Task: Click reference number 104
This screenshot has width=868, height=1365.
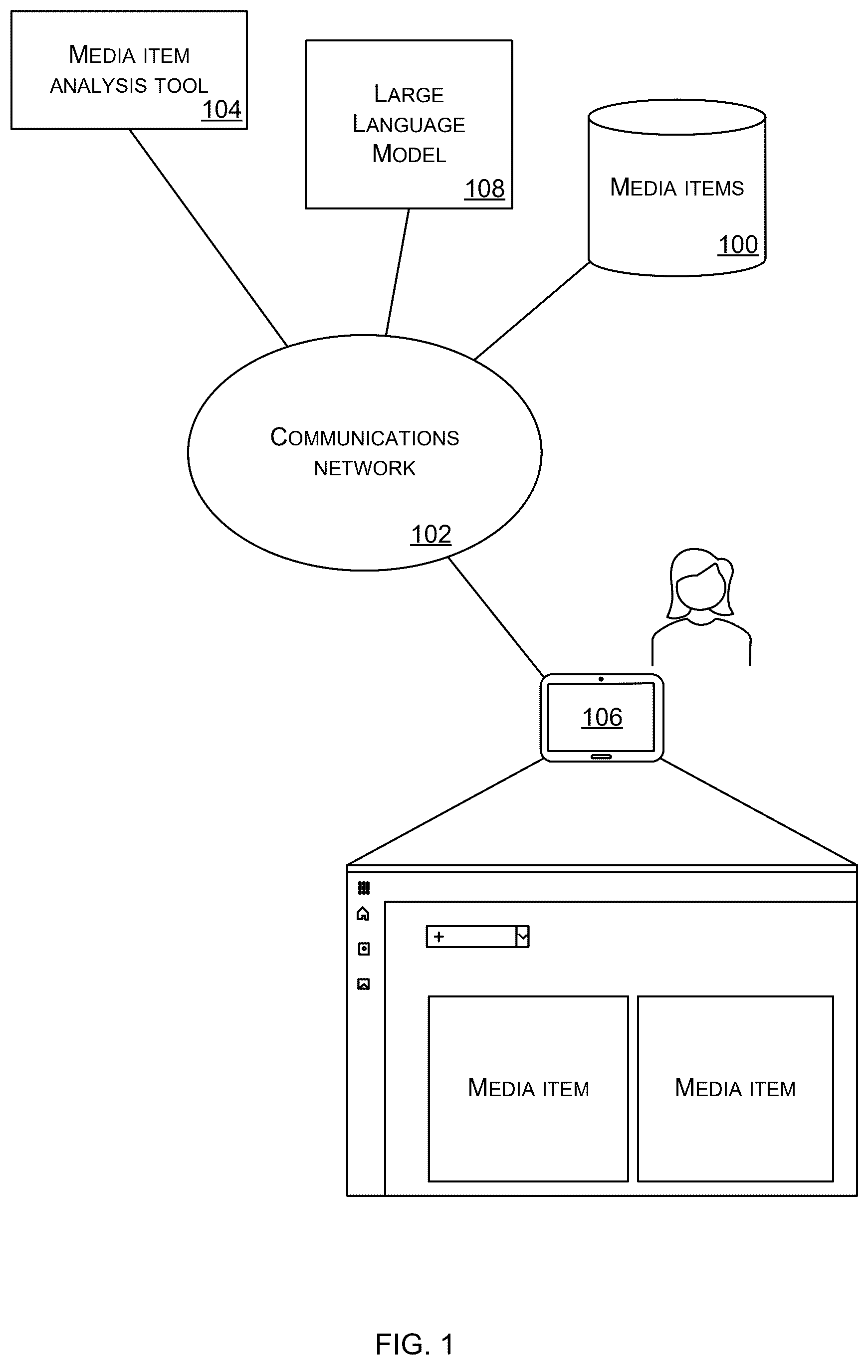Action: pos(221,109)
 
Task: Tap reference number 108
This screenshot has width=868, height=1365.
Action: pos(485,189)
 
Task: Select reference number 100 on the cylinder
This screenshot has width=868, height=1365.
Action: pos(738,245)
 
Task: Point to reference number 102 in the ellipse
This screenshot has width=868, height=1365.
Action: pos(431,535)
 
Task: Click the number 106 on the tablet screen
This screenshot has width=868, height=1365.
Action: pos(602,717)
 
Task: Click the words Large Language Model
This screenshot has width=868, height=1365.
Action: pos(409,124)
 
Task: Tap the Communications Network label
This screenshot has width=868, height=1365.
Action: pos(365,452)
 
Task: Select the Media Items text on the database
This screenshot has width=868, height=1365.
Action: pos(676,188)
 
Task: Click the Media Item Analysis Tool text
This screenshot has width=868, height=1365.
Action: pos(129,70)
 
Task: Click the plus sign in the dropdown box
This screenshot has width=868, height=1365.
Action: pos(439,937)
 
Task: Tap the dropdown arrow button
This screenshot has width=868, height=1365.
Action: pos(522,937)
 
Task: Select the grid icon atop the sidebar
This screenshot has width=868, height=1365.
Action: pos(364,887)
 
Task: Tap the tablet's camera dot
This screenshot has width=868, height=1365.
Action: pos(601,679)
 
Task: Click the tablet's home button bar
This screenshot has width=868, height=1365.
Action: pos(601,756)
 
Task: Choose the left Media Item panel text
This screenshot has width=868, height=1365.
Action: pos(528,1088)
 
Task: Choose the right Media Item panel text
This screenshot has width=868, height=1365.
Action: pos(735,1088)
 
